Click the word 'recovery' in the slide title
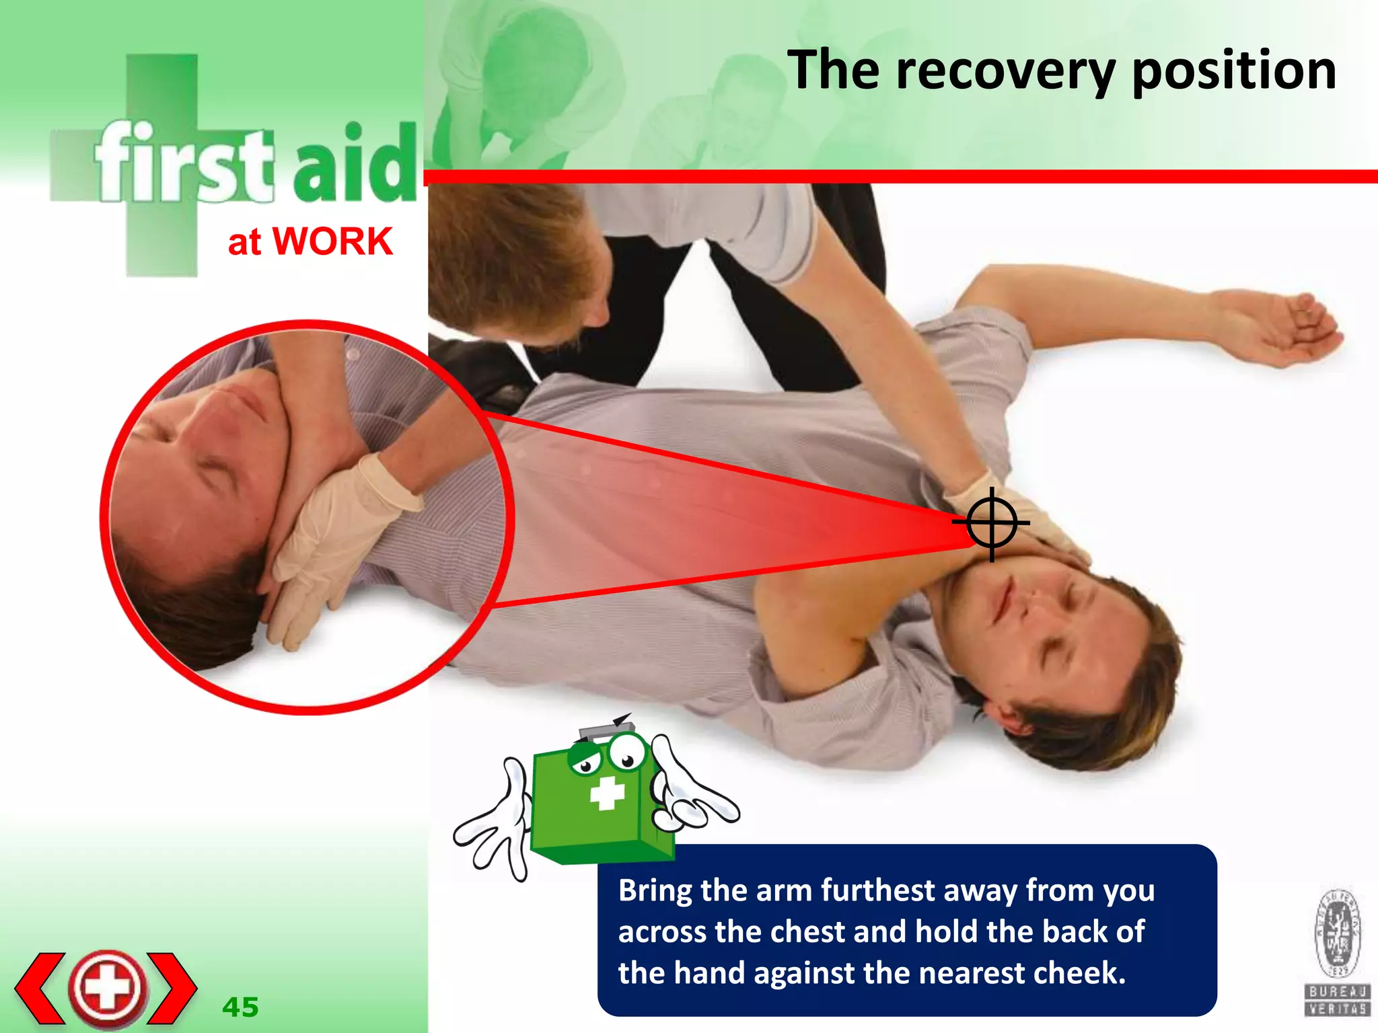click(x=1005, y=71)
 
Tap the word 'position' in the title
click(x=1234, y=71)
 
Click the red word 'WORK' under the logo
click(x=332, y=241)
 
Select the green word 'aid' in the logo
click(x=355, y=165)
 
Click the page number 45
click(x=240, y=1007)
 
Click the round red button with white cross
click(x=108, y=988)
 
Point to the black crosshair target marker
click(x=992, y=523)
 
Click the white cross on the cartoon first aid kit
click(x=607, y=794)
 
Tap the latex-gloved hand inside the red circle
click(x=336, y=538)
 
